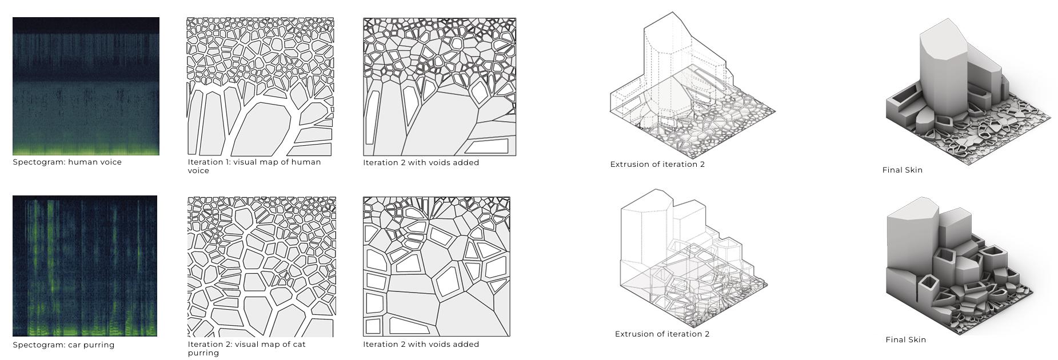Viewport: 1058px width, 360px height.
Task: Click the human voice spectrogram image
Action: (x=86, y=86)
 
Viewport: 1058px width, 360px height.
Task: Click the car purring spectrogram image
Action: (x=85, y=266)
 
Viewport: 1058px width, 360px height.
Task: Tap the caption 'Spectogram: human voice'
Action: (x=67, y=162)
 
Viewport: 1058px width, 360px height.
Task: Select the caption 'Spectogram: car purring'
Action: (x=63, y=345)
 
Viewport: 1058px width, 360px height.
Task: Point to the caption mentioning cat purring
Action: (x=247, y=349)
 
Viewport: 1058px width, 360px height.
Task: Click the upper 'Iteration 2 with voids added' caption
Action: (x=421, y=163)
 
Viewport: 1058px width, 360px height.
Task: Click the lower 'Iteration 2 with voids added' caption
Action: (x=421, y=345)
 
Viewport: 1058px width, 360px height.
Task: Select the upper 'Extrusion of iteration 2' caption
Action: (x=657, y=165)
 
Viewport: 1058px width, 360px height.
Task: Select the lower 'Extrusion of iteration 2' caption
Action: (x=662, y=334)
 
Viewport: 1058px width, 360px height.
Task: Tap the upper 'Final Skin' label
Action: (x=903, y=170)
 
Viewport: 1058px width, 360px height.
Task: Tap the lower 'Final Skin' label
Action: (x=906, y=340)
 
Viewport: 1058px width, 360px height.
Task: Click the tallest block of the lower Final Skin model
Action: (x=912, y=240)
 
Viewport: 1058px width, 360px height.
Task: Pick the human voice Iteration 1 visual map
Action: (x=261, y=87)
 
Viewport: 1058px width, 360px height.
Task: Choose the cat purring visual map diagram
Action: (x=262, y=267)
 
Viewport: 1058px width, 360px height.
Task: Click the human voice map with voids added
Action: (x=440, y=87)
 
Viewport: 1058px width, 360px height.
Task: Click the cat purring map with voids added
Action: (x=437, y=267)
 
